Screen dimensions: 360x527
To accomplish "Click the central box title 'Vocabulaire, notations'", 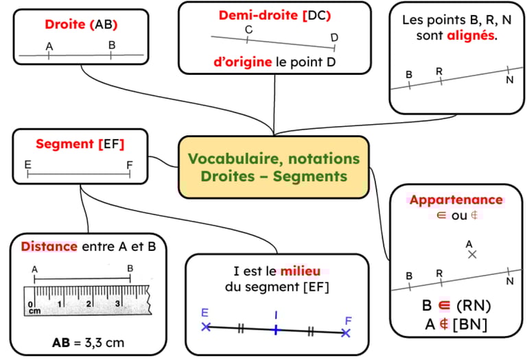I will [x=273, y=159].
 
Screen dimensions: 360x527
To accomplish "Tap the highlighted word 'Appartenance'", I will [x=456, y=200].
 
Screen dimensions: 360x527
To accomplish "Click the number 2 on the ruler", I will [x=89, y=303].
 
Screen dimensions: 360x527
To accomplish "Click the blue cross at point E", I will [x=206, y=326].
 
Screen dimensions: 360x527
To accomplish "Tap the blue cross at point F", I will [x=346, y=333].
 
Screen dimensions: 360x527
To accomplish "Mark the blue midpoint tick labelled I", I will [x=275, y=330].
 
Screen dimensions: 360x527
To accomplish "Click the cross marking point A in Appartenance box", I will [x=471, y=254].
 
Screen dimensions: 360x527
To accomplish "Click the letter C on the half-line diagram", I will [x=248, y=29].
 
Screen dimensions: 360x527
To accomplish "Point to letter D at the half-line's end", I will [x=334, y=37].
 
